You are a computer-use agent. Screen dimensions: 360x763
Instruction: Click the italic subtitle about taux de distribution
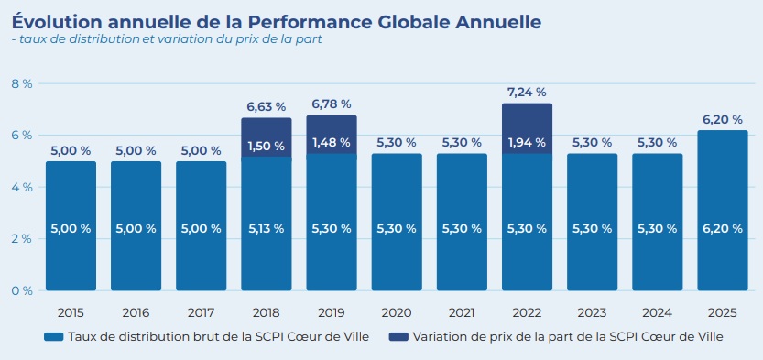pyautogui.click(x=166, y=39)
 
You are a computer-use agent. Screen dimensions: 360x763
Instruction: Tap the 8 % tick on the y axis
pyautogui.click(x=21, y=83)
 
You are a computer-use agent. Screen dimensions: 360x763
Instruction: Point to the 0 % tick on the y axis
pyautogui.click(x=21, y=290)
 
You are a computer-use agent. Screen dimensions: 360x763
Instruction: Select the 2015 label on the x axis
pyautogui.click(x=71, y=311)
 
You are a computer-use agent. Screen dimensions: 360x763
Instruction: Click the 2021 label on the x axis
pyautogui.click(x=462, y=311)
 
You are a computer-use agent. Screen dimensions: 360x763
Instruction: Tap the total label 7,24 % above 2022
pyautogui.click(x=527, y=92)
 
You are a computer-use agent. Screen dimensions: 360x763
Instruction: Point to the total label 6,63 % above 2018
pyautogui.click(x=266, y=106)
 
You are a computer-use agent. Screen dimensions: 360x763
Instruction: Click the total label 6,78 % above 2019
pyautogui.click(x=331, y=104)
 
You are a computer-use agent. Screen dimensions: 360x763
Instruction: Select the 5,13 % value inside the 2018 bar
pyautogui.click(x=266, y=229)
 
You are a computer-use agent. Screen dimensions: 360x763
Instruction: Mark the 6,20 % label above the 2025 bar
pyautogui.click(x=723, y=119)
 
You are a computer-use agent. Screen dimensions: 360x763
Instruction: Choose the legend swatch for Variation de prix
pyautogui.click(x=398, y=337)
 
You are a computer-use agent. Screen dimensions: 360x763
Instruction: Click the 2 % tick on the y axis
pyautogui.click(x=21, y=238)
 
